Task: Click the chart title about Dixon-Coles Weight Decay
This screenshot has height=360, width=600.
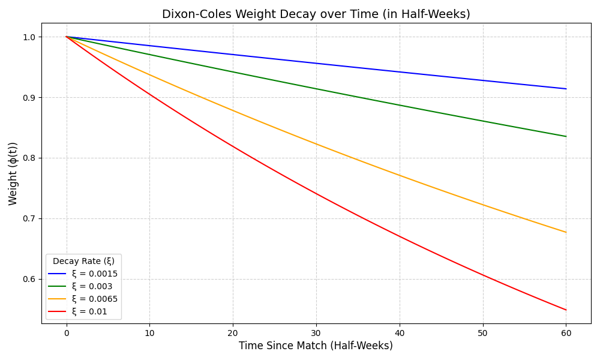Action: (x=316, y=14)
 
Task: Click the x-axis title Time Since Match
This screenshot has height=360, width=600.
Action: (x=316, y=346)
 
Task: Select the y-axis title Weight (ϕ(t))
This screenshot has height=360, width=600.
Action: (x=13, y=173)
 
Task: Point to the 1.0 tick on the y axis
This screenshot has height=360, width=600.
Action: (x=29, y=37)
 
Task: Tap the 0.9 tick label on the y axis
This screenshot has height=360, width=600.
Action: (x=29, y=98)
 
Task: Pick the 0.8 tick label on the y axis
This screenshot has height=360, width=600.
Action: (x=29, y=158)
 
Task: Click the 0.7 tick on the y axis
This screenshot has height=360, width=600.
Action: (x=29, y=219)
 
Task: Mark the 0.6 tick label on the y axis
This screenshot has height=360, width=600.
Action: (x=29, y=280)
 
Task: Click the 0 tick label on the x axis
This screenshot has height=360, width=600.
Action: (x=67, y=332)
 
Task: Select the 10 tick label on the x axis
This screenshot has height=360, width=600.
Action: (x=149, y=332)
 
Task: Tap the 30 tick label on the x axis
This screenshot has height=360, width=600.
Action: (x=316, y=332)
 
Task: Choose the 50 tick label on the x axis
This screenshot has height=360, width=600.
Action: (x=482, y=332)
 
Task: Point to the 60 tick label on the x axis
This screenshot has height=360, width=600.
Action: (x=566, y=332)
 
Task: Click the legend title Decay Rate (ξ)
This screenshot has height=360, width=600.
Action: (x=83, y=262)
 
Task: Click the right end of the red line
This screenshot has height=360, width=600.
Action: (x=566, y=310)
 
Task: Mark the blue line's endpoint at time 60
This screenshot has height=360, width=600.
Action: (x=566, y=89)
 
